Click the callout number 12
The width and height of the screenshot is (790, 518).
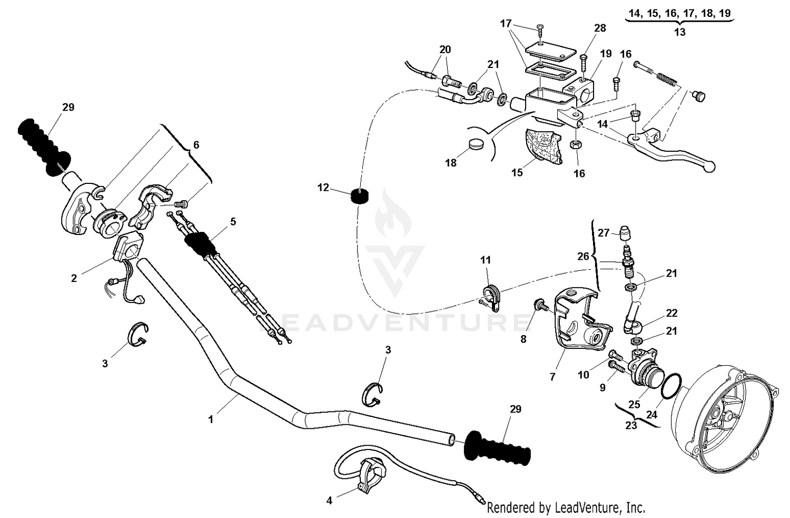pyautogui.click(x=323, y=188)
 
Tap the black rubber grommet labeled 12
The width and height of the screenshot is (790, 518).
pyautogui.click(x=359, y=197)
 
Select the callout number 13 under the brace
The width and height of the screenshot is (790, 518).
pyautogui.click(x=679, y=32)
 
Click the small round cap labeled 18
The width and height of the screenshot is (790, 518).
pyautogui.click(x=476, y=144)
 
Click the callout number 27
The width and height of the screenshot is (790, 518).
pyautogui.click(x=603, y=233)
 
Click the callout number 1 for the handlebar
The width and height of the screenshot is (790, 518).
pyautogui.click(x=211, y=419)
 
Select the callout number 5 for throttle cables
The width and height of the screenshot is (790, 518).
pyautogui.click(x=233, y=221)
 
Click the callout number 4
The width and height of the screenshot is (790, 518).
pyautogui.click(x=329, y=501)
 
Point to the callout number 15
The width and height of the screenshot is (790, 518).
pyautogui.click(x=517, y=172)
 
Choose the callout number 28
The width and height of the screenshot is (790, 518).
pyautogui.click(x=600, y=27)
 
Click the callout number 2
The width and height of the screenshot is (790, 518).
pyautogui.click(x=74, y=278)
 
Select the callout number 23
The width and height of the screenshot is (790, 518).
pyautogui.click(x=631, y=425)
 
